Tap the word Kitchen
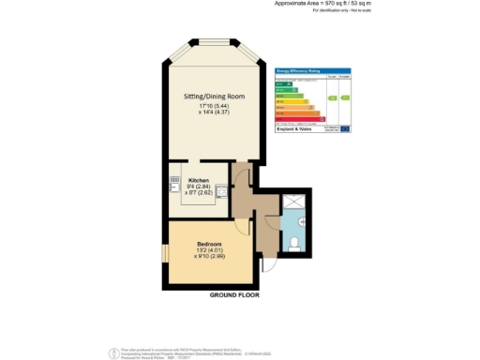coord(199,179)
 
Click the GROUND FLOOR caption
coord(234,295)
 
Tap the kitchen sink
coord(173,187)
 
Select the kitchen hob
coord(222,192)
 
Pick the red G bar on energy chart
coord(300,120)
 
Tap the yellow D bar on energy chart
coord(290,102)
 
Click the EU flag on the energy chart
coord(345,128)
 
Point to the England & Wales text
coord(292,128)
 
